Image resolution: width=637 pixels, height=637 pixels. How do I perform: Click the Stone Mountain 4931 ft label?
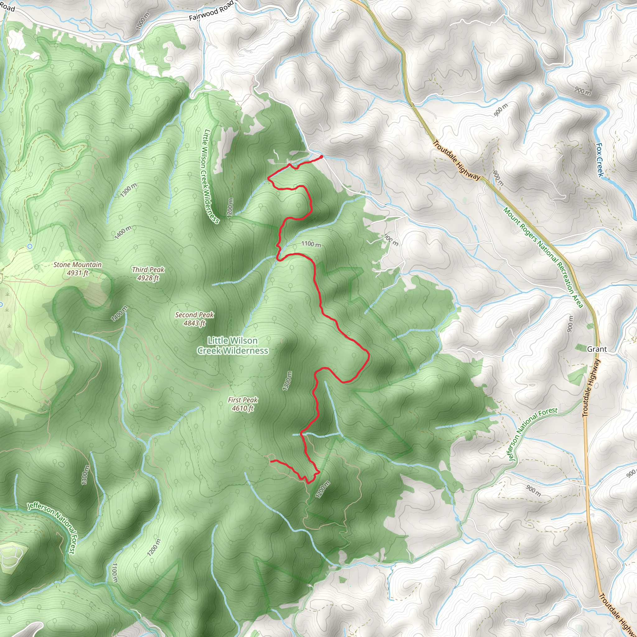pos(77,269)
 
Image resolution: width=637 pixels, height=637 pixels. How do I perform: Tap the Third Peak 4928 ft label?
pos(148,274)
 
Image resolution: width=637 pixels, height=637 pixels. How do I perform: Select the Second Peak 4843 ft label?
pos(194,319)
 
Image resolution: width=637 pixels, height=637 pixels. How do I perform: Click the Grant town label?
pos(597,349)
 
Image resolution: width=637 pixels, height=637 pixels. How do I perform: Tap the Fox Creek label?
pos(600,160)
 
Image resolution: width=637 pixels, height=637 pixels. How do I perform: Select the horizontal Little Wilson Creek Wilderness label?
pos(232,345)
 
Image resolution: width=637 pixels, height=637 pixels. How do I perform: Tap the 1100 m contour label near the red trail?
pos(311,244)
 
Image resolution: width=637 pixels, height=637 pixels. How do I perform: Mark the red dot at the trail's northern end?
pos(322,157)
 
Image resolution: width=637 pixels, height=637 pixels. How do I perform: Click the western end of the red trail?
pos(271,461)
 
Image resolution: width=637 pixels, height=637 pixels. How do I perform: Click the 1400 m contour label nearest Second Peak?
pos(119,314)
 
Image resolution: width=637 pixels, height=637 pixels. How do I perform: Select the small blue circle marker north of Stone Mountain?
pos(30,246)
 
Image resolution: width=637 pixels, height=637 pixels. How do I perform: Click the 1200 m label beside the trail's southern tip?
pos(323,489)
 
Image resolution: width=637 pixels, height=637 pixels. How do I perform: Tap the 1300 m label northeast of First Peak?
pos(287,381)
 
